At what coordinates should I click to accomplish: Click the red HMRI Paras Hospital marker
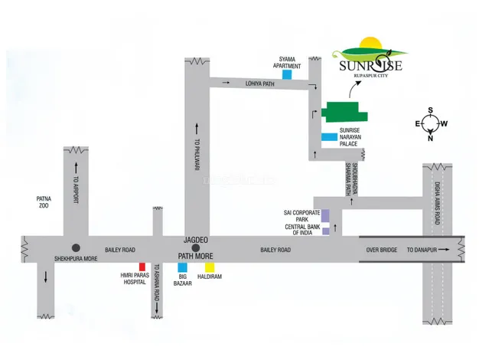click(x=143, y=267)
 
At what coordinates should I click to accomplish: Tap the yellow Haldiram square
click(x=209, y=267)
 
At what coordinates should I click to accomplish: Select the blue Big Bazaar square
click(x=182, y=267)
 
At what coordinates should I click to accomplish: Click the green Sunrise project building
click(x=344, y=114)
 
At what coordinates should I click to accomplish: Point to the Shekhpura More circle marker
click(x=76, y=247)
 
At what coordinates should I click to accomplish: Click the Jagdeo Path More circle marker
click(x=196, y=247)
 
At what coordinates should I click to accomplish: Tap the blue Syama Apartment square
click(x=286, y=74)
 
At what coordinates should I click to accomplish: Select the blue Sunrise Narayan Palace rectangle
click(x=329, y=138)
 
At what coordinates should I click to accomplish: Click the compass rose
click(x=431, y=124)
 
